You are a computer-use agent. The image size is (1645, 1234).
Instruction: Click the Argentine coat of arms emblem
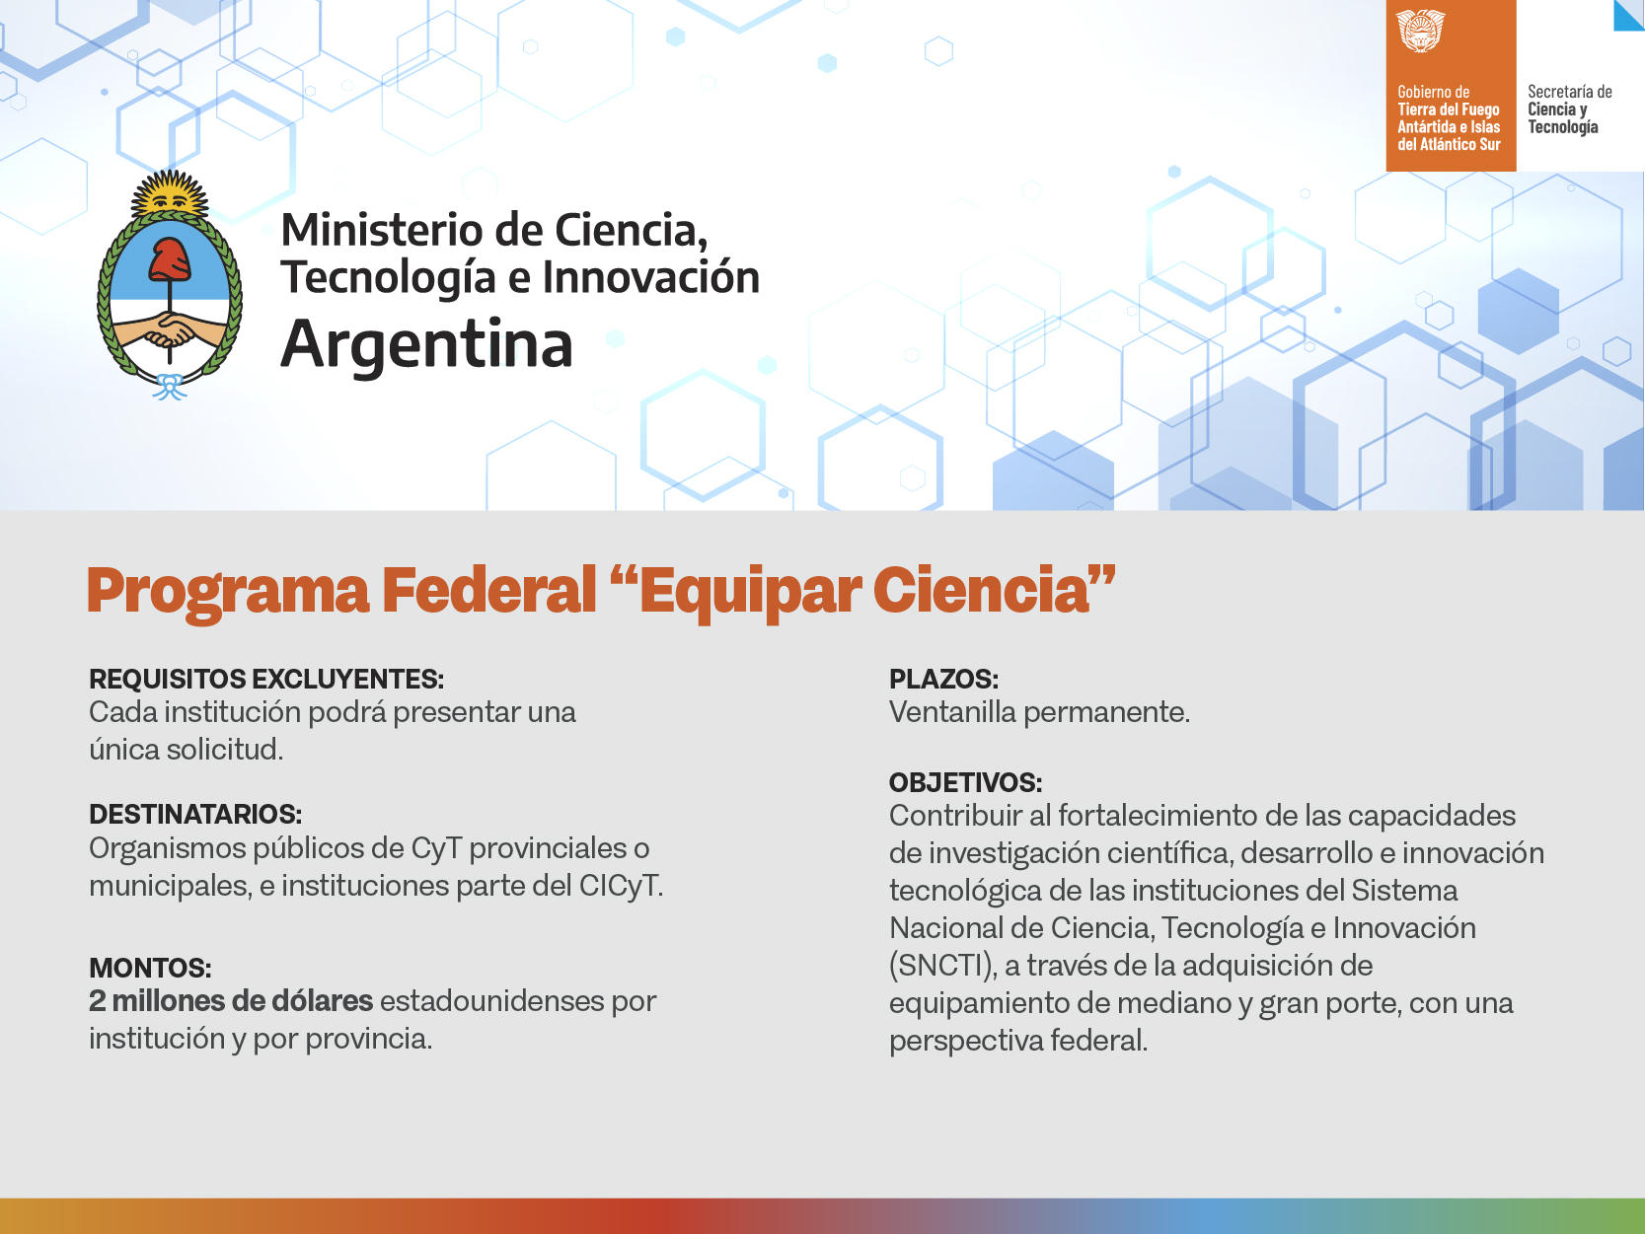[x=170, y=285]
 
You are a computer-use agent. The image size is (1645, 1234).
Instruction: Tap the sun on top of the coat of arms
[x=170, y=193]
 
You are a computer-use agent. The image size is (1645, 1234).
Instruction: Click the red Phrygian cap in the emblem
[x=170, y=259]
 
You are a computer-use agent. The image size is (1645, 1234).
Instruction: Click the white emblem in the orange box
[x=1420, y=31]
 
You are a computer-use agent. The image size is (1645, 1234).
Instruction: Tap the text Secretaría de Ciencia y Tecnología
[x=1569, y=109]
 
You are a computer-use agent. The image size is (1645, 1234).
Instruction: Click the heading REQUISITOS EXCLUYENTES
[x=266, y=680]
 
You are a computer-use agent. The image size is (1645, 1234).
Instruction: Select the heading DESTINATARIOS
[x=195, y=814]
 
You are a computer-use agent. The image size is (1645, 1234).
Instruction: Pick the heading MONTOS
[x=150, y=969]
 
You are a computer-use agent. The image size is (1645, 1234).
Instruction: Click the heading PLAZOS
[x=943, y=680]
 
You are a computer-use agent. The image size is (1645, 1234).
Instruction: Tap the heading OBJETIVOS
[x=965, y=782]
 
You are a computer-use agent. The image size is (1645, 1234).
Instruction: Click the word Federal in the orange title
[x=489, y=591]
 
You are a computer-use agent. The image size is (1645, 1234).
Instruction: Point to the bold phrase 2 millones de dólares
[x=231, y=1001]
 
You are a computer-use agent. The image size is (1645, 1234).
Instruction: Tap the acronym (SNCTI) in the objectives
[x=942, y=966]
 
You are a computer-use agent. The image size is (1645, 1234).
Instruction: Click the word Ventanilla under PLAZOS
[x=951, y=712]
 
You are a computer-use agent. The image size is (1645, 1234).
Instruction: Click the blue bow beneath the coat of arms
[x=170, y=387]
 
